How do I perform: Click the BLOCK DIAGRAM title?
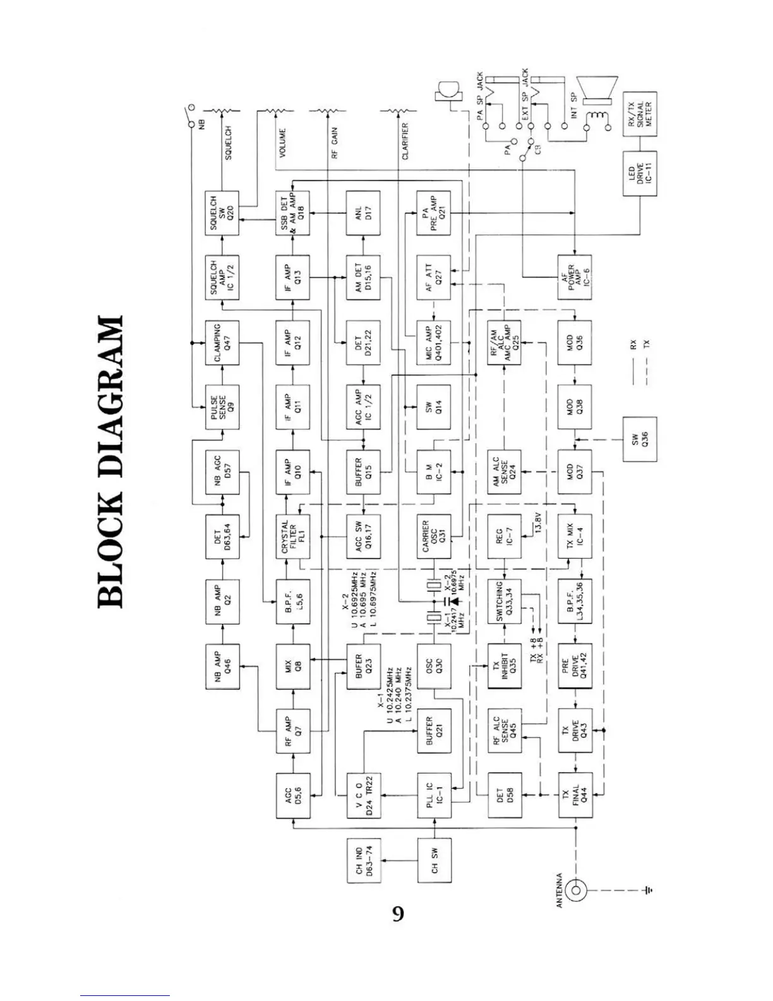click(110, 461)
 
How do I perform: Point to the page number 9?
click(398, 914)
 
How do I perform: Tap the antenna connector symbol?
click(575, 890)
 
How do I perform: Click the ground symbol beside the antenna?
click(648, 890)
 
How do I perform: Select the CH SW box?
click(434, 860)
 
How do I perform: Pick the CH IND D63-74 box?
click(364, 860)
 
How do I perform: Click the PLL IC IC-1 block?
click(434, 796)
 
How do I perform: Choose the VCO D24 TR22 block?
click(364, 796)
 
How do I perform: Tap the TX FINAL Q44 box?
click(575, 796)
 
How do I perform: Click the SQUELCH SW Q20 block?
click(222, 213)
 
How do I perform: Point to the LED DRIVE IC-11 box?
click(640, 173)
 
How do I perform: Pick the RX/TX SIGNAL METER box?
click(640, 114)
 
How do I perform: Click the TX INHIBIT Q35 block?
click(504, 667)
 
